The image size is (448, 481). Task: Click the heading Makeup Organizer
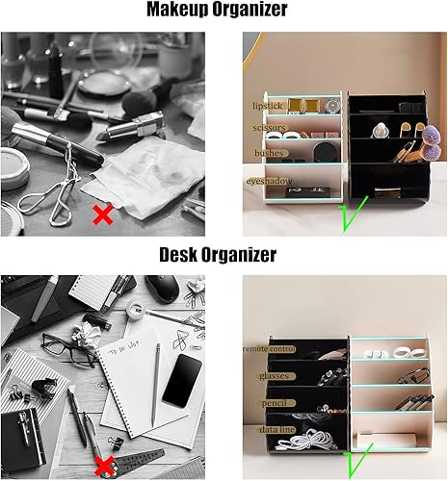[224, 11]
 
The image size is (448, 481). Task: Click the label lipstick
[266, 104]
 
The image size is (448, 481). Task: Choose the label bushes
[267, 153]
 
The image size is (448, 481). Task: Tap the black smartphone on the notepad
[180, 380]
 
